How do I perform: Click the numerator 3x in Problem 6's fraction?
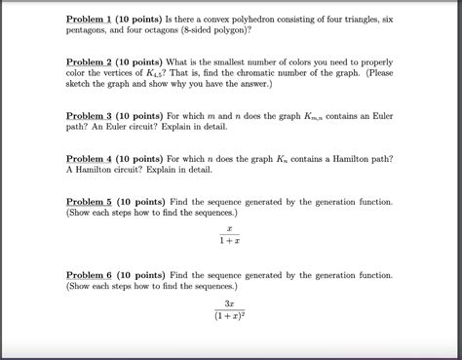pos(230,301)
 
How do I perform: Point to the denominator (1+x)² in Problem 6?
pos(230,315)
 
